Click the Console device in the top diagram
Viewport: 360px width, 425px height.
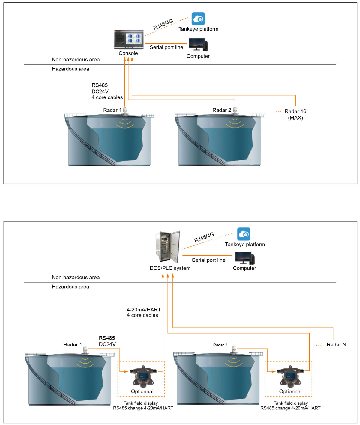click(129, 40)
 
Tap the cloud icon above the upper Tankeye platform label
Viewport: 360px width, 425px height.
click(198, 19)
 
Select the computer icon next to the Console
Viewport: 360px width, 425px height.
click(198, 45)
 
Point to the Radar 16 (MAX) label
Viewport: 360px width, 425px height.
click(295, 114)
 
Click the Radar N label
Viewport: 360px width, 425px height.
click(336, 345)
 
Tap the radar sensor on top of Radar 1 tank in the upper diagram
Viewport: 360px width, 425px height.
click(125, 111)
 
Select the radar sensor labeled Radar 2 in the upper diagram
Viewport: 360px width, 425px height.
click(235, 111)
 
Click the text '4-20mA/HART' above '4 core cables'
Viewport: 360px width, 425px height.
click(144, 310)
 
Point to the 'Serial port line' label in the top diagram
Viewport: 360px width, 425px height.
click(166, 47)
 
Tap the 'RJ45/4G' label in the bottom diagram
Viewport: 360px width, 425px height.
click(204, 237)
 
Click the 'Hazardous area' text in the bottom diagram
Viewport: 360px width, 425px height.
click(70, 287)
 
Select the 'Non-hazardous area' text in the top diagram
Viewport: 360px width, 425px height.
click(76, 60)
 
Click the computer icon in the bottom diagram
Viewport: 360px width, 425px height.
click(245, 258)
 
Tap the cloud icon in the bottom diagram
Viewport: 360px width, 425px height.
click(244, 234)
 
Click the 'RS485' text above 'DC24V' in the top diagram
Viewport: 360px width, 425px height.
click(100, 85)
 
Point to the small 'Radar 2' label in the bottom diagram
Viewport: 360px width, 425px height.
click(220, 345)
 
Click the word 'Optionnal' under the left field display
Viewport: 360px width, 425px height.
click(142, 391)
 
